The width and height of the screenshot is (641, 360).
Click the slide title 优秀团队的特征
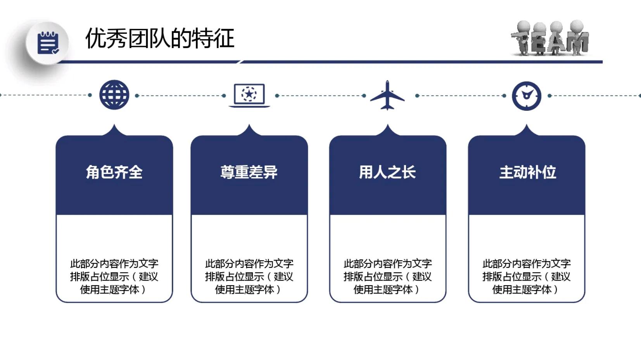point(159,38)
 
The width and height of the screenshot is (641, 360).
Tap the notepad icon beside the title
point(48,43)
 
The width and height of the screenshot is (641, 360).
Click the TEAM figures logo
point(549,39)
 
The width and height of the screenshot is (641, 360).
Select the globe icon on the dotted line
point(114,95)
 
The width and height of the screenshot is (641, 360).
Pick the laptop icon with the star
point(249,95)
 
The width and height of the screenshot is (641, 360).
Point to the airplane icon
point(387,95)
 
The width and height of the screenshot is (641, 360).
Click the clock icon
point(526,96)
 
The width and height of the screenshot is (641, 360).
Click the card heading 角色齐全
point(114,172)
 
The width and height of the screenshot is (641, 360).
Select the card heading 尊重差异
point(249,172)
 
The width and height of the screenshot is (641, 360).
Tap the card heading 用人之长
point(387,172)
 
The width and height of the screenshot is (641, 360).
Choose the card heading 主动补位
point(527,172)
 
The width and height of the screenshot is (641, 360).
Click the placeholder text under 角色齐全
point(114,276)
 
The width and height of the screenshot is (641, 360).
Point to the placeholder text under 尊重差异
point(249,276)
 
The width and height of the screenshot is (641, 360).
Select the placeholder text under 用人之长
point(387,276)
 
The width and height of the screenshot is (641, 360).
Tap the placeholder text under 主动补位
point(526,276)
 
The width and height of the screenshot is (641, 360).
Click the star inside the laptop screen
point(249,94)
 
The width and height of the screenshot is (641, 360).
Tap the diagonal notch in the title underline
point(240,62)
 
